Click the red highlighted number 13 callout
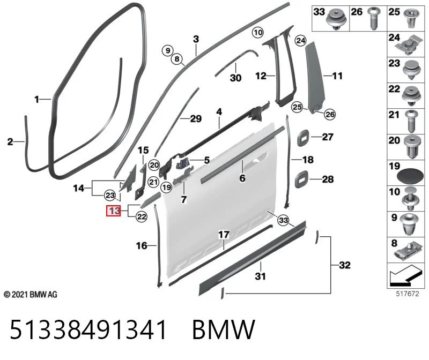tap(114, 211)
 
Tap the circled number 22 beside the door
tap(142, 217)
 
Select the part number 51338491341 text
tap(88, 329)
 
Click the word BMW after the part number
tap(224, 329)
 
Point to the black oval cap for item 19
tap(410, 176)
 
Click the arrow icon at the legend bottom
tap(406, 275)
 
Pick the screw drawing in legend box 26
tap(373, 18)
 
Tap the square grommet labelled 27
tap(303, 138)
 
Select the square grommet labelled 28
tap(301, 179)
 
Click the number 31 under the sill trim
tap(260, 276)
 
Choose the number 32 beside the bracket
tap(345, 265)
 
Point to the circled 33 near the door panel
tap(283, 220)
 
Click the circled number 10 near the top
tap(258, 33)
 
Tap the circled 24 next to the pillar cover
tap(300, 41)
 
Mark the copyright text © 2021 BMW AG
tap(31, 295)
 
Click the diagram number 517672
tap(408, 294)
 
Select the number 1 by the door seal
tap(36, 100)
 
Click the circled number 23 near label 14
tap(110, 196)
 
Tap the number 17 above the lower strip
tap(224, 235)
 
